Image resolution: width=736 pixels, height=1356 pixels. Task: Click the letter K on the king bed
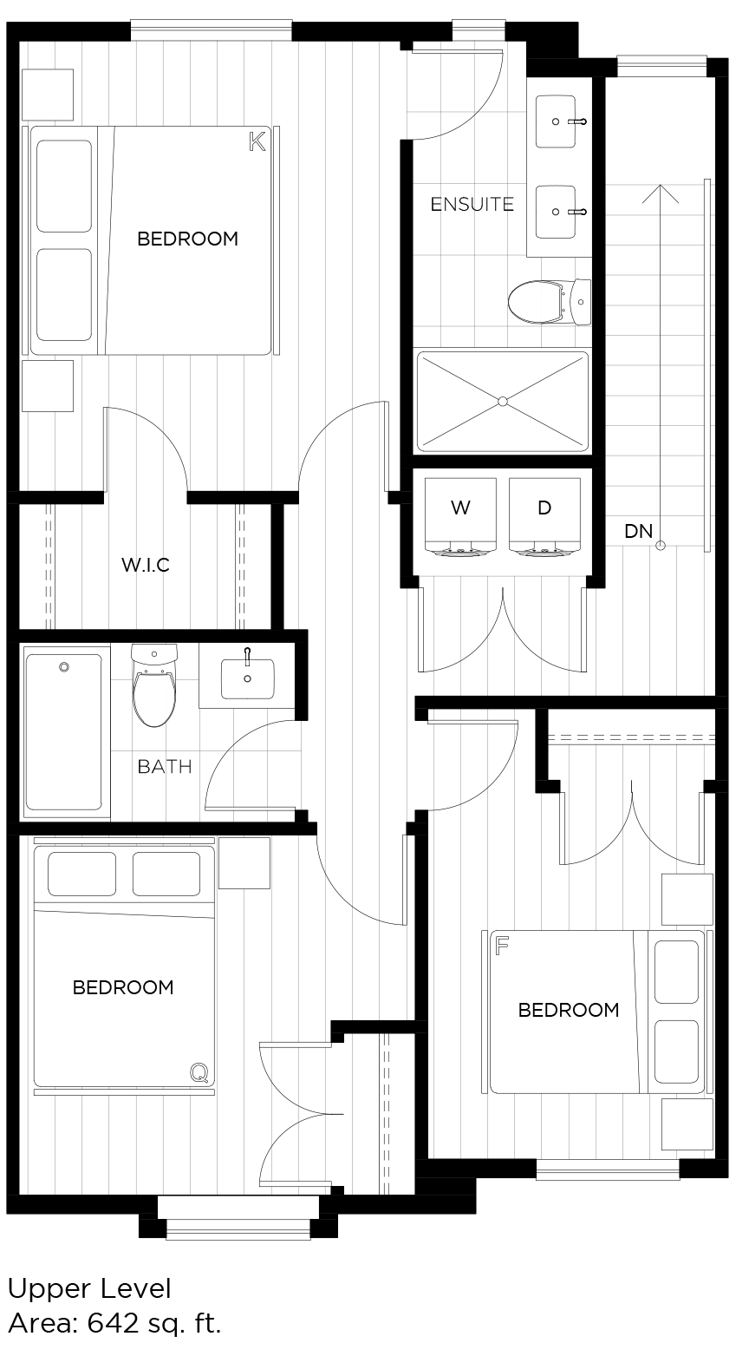point(257,141)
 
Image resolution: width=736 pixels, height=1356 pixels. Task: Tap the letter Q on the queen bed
point(199,1074)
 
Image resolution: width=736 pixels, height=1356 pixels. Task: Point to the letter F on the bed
point(502,945)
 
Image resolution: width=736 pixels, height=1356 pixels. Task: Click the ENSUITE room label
point(472,205)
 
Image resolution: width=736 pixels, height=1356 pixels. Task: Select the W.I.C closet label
point(145,566)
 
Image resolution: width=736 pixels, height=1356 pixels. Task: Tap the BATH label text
point(165,767)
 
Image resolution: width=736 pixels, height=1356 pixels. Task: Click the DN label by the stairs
point(638,531)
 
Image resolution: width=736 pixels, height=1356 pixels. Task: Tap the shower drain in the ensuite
point(502,401)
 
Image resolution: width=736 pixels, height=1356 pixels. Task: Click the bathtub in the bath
point(64,731)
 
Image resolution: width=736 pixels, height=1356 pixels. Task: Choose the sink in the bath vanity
point(247,678)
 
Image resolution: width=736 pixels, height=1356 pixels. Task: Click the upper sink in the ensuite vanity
point(556,122)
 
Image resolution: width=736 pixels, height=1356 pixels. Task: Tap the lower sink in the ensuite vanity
point(556,212)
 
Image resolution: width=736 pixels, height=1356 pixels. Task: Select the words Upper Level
point(89,1289)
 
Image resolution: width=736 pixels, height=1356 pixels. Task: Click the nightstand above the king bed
point(47,95)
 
